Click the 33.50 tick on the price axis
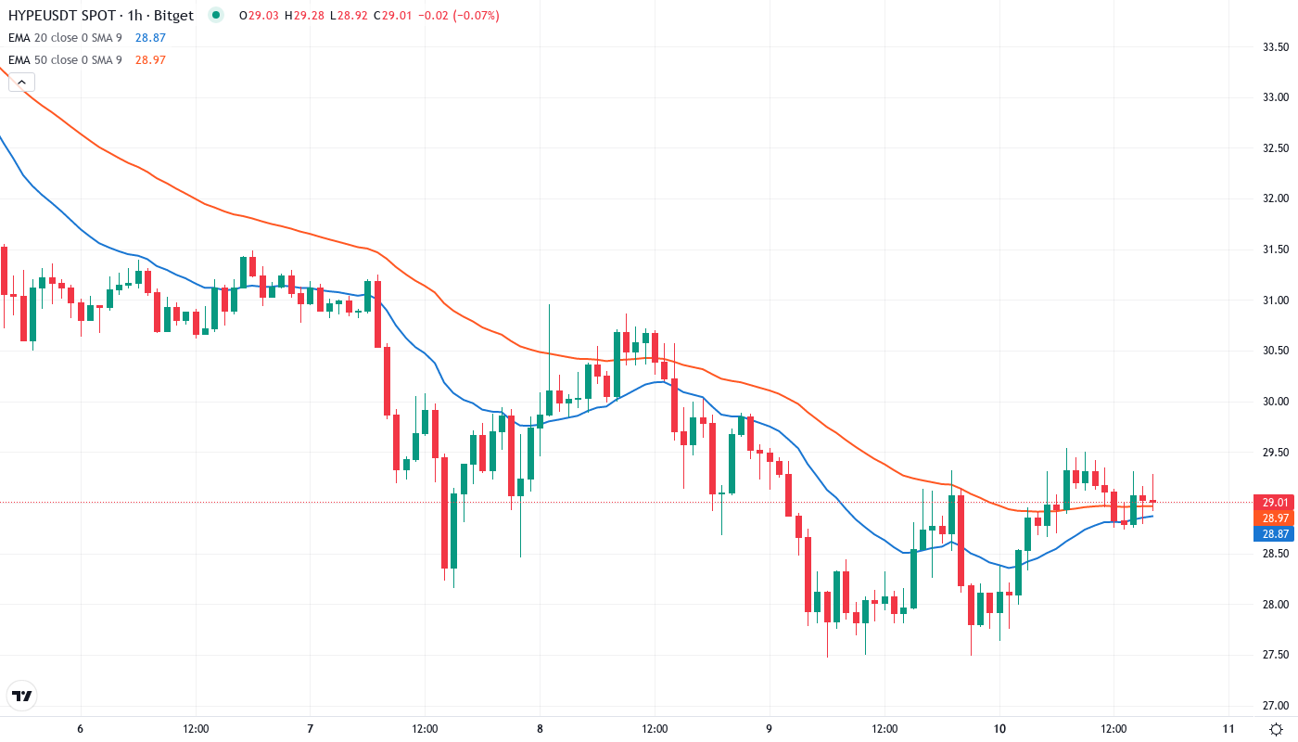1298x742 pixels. (x=1277, y=46)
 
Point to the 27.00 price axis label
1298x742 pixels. (x=1277, y=706)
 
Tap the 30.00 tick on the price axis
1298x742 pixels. (x=1277, y=402)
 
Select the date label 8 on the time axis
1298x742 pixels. (x=539, y=729)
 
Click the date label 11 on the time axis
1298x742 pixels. (x=1228, y=729)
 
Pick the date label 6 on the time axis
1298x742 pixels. (x=81, y=729)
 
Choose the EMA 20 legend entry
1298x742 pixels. (x=65, y=38)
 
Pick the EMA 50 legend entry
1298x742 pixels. (x=65, y=60)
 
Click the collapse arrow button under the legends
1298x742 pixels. (x=21, y=83)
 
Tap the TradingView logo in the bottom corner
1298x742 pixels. (x=22, y=696)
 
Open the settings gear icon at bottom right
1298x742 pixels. (x=1277, y=729)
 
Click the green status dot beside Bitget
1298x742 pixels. (x=216, y=16)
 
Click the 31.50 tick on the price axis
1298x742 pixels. (x=1277, y=249)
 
